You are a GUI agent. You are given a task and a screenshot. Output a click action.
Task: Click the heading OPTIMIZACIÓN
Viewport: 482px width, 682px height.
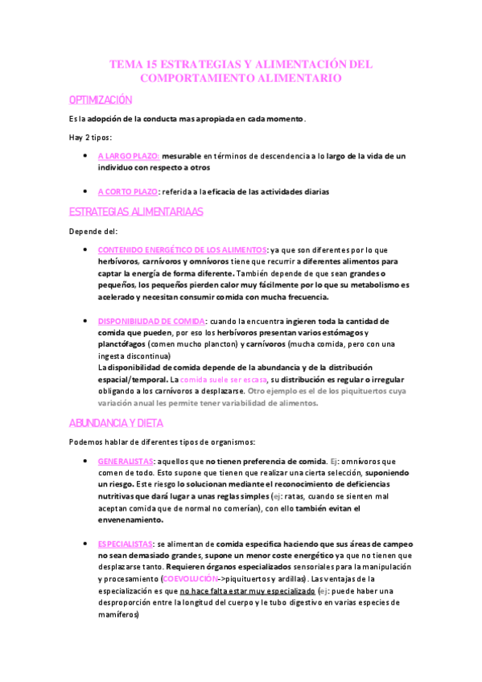click(x=100, y=100)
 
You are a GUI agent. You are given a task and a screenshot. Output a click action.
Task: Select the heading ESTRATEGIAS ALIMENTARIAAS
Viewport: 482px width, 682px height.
click(x=136, y=212)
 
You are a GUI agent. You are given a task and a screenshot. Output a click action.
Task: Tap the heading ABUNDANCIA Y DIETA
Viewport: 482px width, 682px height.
click(x=116, y=421)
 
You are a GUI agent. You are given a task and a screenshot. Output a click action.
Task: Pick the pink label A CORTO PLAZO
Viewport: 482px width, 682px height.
click(x=127, y=191)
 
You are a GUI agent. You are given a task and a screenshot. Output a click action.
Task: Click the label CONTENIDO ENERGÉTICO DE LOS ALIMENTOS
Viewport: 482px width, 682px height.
click(x=182, y=250)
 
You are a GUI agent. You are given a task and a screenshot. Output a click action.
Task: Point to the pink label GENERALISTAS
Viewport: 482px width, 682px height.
click(x=126, y=462)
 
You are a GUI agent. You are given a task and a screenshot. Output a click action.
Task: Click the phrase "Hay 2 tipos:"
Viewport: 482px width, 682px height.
click(x=91, y=138)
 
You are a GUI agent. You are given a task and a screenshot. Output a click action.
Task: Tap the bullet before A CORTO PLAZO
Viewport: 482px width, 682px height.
click(x=85, y=191)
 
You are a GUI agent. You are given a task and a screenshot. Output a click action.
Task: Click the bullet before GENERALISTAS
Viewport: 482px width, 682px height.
click(x=85, y=462)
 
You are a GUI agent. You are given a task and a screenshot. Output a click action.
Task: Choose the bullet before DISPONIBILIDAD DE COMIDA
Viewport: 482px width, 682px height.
click(x=85, y=321)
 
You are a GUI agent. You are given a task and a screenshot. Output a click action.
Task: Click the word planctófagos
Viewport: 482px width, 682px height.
click(x=123, y=344)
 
